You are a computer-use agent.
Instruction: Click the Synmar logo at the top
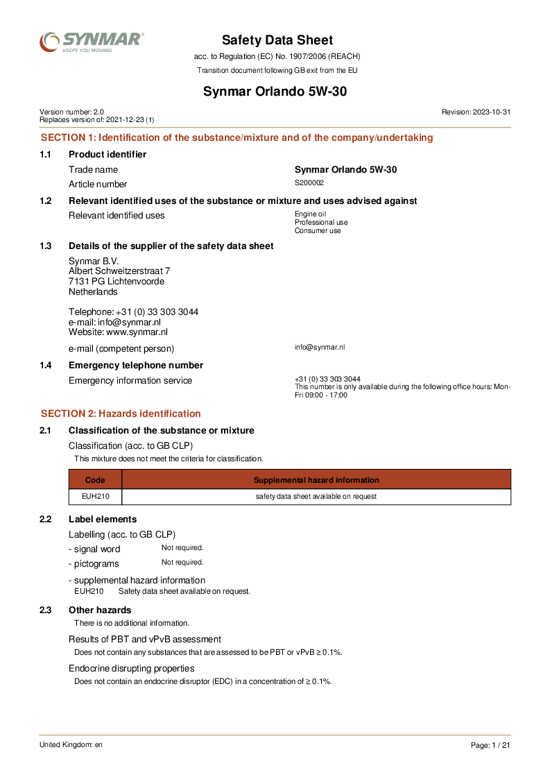[92, 42]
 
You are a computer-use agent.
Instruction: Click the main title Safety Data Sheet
[277, 40]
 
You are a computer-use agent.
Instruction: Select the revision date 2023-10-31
[492, 112]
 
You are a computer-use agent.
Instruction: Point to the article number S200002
[309, 183]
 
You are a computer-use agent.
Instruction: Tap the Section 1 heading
[237, 137]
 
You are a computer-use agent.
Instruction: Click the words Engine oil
[310, 214]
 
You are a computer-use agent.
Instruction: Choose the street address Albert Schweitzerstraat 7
[119, 271]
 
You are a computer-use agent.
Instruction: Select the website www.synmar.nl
[137, 332]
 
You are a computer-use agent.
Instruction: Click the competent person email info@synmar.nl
[320, 347]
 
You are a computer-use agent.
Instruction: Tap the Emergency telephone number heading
[136, 365]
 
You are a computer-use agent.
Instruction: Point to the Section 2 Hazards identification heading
[121, 413]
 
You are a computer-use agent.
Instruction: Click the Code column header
[95, 480]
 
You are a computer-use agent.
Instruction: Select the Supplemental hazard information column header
[316, 480]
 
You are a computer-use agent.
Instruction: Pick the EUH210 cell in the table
[95, 497]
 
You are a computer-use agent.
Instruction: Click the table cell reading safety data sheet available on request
[316, 497]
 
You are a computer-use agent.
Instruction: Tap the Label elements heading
[103, 519]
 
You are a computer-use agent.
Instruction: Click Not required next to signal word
[182, 548]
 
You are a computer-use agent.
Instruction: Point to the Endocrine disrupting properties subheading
[131, 668]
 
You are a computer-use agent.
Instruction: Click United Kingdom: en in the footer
[71, 744]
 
